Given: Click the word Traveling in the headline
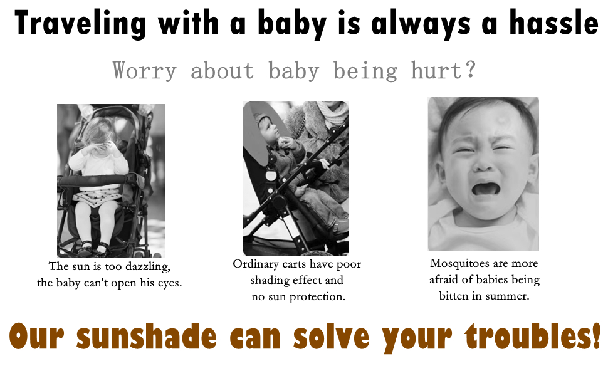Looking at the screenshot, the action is pyautogui.click(x=81, y=24).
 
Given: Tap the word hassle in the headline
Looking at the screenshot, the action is pyautogui.click(x=553, y=23).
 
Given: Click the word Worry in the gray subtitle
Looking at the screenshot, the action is pyautogui.click(x=145, y=71).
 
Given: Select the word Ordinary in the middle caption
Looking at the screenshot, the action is pyautogui.click(x=256, y=264).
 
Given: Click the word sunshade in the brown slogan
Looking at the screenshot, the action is pyautogui.click(x=147, y=336).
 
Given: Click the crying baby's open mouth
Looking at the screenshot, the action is pyautogui.click(x=485, y=189).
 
